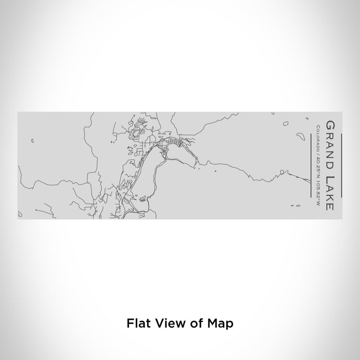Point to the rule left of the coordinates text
click(312, 166)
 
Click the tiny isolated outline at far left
click(31, 140)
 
